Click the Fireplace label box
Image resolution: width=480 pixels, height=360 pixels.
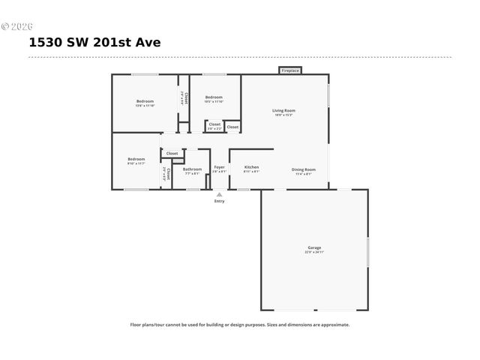click(x=290, y=70)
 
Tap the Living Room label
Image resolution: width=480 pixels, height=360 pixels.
click(x=283, y=110)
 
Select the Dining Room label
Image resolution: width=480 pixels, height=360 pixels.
click(x=304, y=169)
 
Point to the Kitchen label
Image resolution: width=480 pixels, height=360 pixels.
click(x=251, y=166)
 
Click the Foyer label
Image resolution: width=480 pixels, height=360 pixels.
click(x=219, y=166)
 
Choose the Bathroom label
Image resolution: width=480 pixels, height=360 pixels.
click(x=192, y=169)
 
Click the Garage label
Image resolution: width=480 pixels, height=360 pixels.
click(x=314, y=247)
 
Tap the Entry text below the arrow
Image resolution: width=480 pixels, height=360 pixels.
click(x=219, y=201)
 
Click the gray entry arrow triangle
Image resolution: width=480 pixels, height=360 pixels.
click(x=219, y=193)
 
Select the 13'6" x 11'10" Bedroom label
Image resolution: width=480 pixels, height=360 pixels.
click(x=145, y=101)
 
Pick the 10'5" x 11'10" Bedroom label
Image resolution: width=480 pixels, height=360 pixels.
click(x=214, y=97)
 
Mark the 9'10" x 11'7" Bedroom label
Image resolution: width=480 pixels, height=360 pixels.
click(x=136, y=159)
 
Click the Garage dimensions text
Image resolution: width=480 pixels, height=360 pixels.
click(x=314, y=252)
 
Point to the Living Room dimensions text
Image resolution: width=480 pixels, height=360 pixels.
click(x=283, y=115)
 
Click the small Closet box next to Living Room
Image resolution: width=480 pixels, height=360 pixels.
click(x=232, y=127)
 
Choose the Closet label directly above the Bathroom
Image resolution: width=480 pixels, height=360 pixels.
click(x=172, y=153)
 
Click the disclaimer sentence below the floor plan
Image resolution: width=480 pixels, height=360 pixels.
click(x=240, y=325)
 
